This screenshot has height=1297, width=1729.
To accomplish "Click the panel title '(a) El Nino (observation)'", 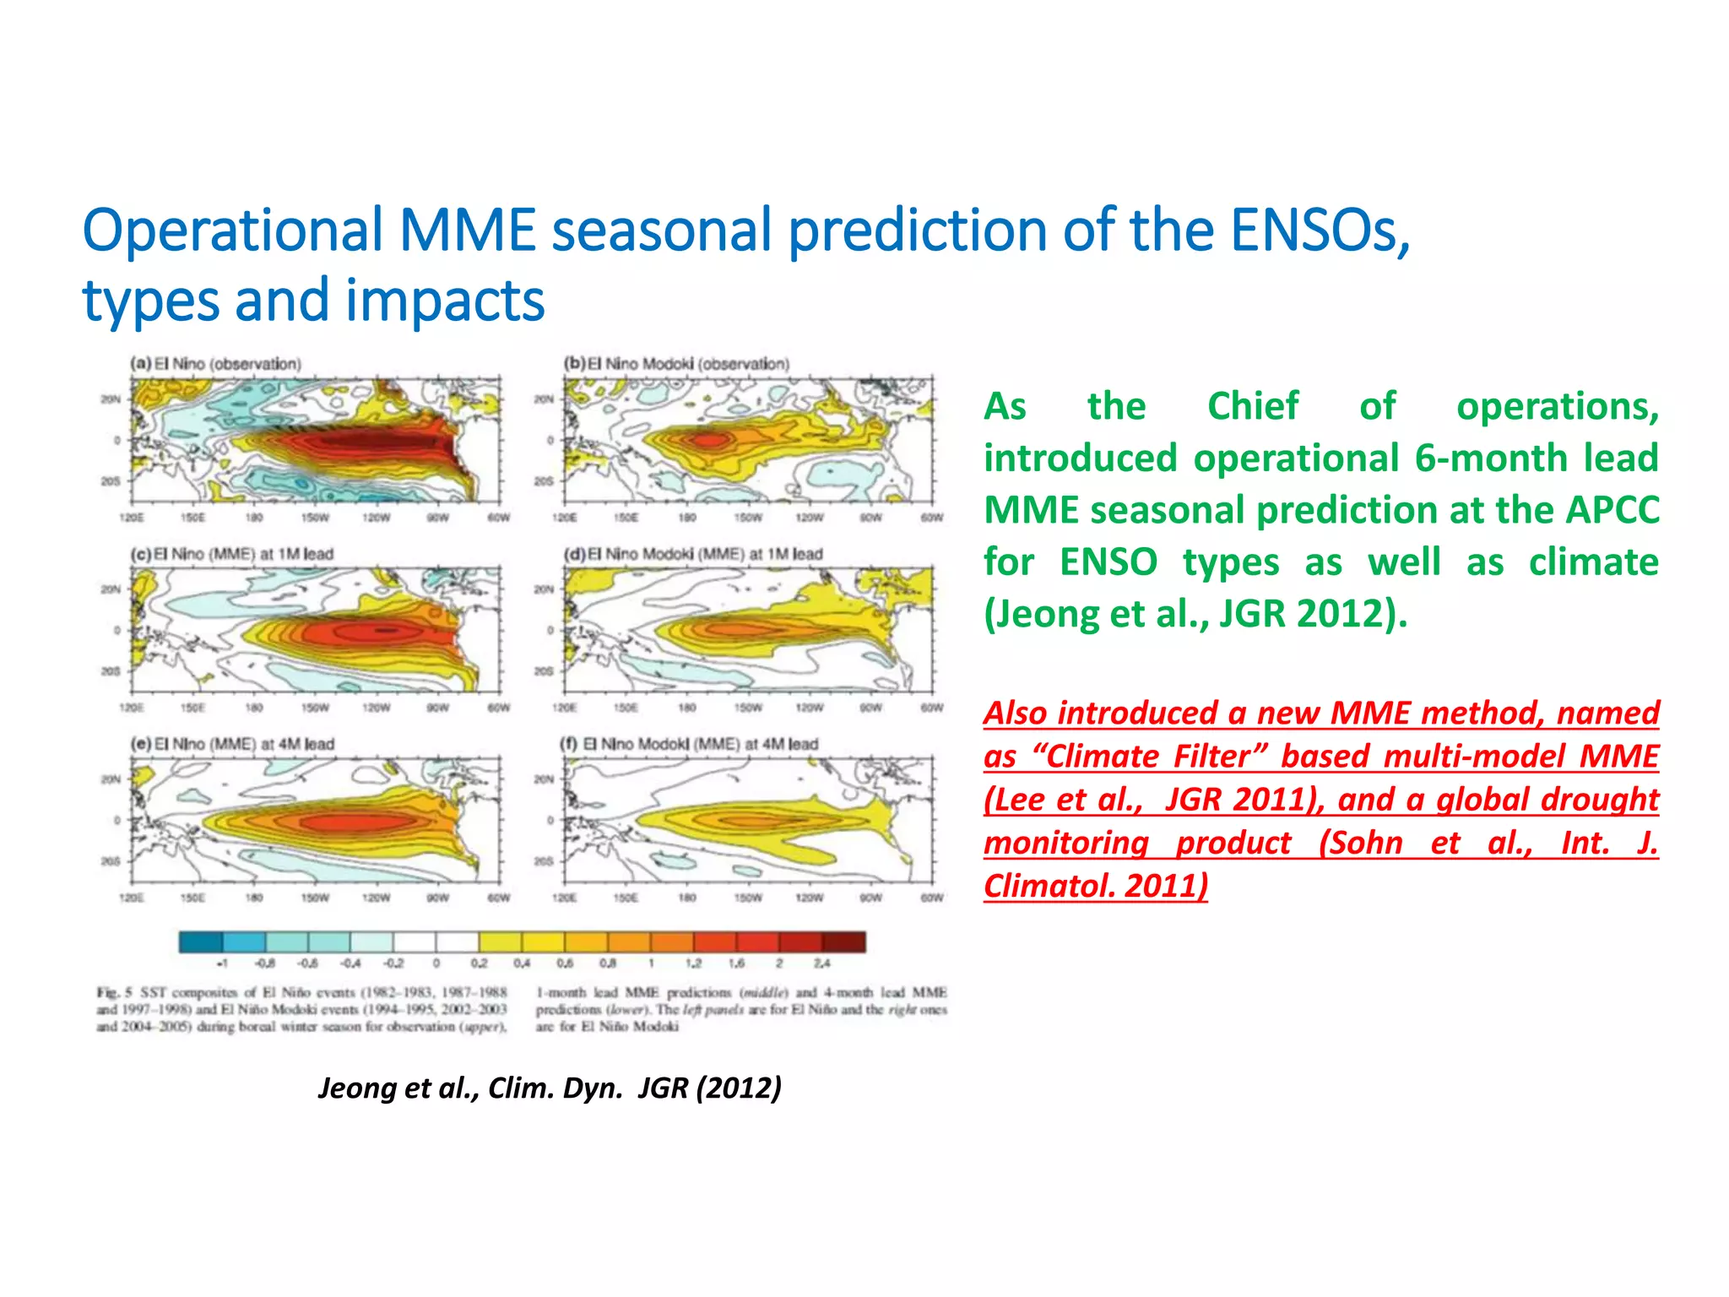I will coord(215,364).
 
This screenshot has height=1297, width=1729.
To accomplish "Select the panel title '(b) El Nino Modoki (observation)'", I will coord(676,364).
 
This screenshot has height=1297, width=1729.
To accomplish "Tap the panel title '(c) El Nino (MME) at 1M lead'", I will coord(231,554).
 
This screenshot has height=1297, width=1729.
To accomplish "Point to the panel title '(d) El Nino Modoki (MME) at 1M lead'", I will coord(692,554).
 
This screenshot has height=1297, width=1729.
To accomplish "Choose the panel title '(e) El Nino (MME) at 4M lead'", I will coord(231,744).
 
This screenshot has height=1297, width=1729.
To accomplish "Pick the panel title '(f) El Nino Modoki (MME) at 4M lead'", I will coord(689,744).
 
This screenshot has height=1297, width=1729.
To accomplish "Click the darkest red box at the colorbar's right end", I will coord(843,942).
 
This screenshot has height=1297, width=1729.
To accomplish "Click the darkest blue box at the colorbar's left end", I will coord(201,942).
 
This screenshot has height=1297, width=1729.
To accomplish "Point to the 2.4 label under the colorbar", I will coord(821,963).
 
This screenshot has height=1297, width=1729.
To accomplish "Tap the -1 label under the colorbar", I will coord(222,963).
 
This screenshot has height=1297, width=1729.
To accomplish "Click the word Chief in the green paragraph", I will coord(1253,406).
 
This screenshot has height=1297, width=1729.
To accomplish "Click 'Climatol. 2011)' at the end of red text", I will coord(1095,886).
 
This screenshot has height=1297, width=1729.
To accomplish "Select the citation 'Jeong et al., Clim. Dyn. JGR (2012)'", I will coord(550,1088).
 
